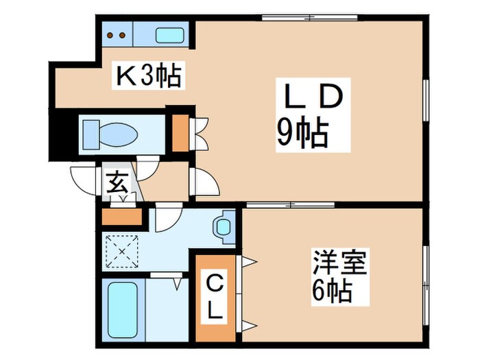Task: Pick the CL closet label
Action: click(215, 296)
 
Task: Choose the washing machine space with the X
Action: click(122, 252)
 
